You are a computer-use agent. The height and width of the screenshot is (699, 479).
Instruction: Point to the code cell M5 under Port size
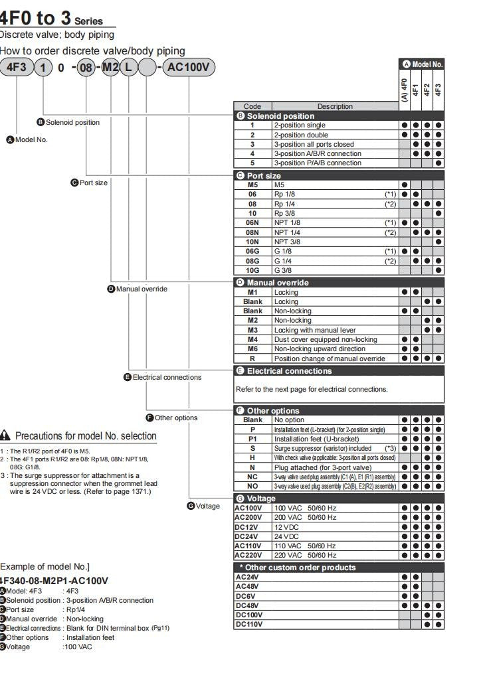click(252, 184)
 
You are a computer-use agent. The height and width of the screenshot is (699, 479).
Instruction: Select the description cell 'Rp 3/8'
click(335, 212)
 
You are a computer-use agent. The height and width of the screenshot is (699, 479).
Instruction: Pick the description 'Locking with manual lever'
click(335, 330)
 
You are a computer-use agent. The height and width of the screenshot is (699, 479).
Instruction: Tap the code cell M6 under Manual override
click(252, 349)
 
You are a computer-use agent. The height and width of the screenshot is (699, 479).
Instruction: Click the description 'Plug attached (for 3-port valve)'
click(335, 467)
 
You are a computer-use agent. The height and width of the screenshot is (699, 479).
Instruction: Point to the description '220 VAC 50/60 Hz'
click(335, 555)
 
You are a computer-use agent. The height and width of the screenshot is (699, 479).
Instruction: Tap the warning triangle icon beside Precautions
click(5, 436)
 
